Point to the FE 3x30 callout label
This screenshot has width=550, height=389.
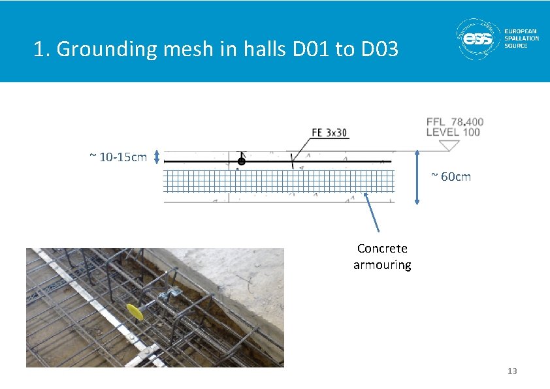tap(329, 132)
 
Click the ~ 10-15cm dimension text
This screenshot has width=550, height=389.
tap(118, 157)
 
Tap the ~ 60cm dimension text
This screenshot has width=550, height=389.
tap(451, 176)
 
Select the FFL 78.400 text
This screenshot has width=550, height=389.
tap(455, 122)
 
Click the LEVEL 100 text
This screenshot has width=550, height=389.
tap(453, 132)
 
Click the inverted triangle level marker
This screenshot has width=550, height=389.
tap(449, 146)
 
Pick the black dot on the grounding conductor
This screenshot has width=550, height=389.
tap(241, 161)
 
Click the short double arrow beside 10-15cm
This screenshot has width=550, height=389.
tap(157, 157)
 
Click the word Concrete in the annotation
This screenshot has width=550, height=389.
tap(382, 249)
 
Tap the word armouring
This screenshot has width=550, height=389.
tap(382, 265)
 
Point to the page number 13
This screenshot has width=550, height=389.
tap(512, 371)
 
